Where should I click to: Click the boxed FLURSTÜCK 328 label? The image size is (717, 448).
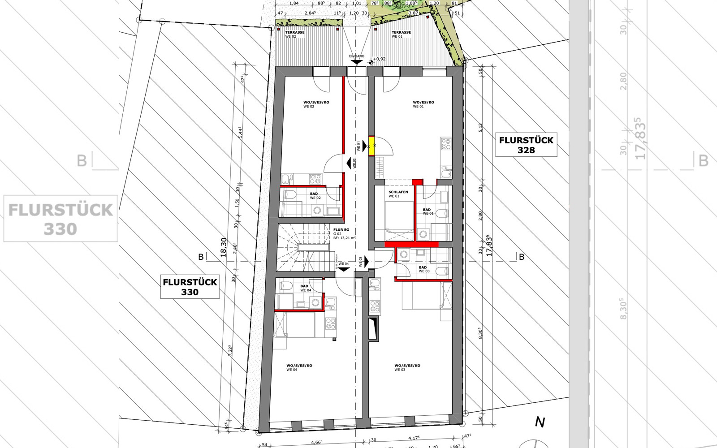click(526, 145)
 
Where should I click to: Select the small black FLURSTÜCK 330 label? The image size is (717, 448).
click(190, 287)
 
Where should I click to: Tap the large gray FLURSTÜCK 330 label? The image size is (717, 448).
click(60, 219)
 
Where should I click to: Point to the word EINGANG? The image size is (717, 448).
click(357, 56)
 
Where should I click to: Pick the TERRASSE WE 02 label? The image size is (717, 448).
click(294, 34)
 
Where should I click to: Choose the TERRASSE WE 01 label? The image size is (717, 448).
click(401, 34)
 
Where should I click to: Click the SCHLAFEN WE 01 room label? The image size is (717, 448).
click(398, 194)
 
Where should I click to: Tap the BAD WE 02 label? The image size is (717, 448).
click(315, 196)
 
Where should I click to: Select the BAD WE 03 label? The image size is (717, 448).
click(423, 269)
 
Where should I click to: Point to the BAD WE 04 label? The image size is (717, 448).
click(305, 288)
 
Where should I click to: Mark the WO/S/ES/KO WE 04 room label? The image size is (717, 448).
click(299, 367)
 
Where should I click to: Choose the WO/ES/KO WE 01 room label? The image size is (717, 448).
click(423, 104)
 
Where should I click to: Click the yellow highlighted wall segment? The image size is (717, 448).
click(372, 146)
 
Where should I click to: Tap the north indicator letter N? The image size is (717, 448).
click(540, 422)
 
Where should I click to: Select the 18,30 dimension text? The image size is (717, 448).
click(224, 247)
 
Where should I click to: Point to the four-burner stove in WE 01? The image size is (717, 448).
click(446, 144)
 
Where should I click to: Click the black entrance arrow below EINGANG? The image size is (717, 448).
click(357, 62)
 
